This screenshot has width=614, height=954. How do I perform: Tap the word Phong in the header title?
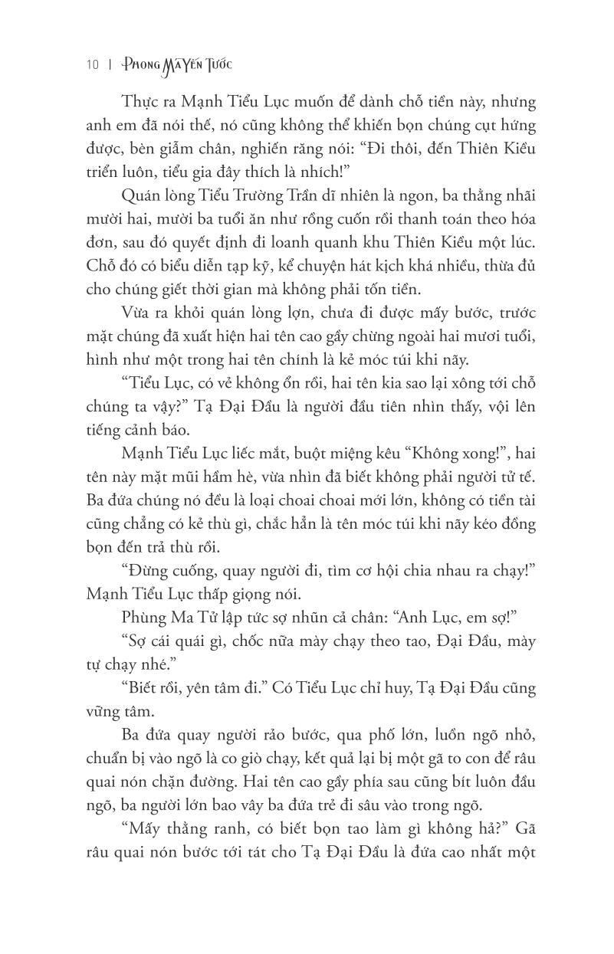137,65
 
